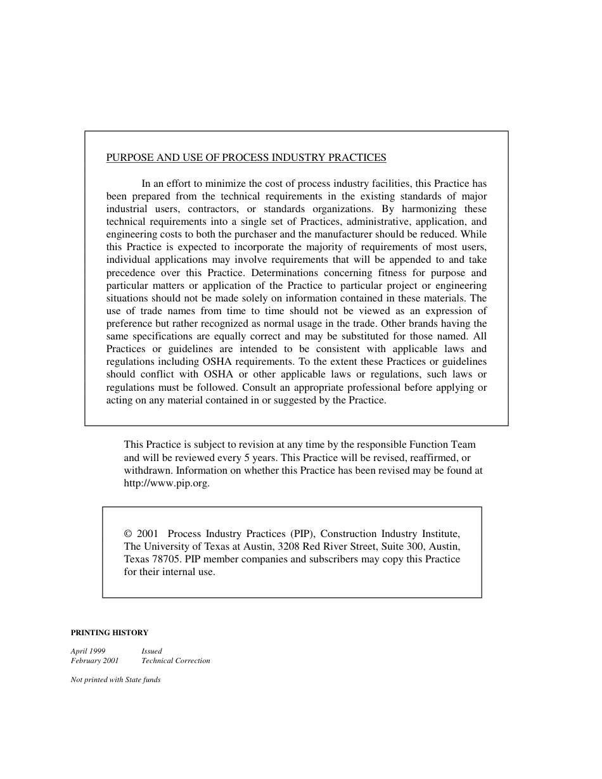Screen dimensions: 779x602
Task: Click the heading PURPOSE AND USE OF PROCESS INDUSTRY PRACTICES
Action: pyautogui.click(x=246, y=158)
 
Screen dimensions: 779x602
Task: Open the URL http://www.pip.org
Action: pyautogui.click(x=166, y=483)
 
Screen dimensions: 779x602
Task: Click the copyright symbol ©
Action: pyautogui.click(x=128, y=534)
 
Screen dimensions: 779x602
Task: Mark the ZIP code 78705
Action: pyautogui.click(x=167, y=559)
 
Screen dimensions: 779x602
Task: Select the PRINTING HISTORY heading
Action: pyautogui.click(x=109, y=633)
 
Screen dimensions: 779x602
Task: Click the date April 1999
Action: pyautogui.click(x=88, y=651)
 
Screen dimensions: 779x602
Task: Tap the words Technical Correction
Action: pyautogui.click(x=176, y=661)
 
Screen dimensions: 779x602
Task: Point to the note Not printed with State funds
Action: pyautogui.click(x=115, y=680)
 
